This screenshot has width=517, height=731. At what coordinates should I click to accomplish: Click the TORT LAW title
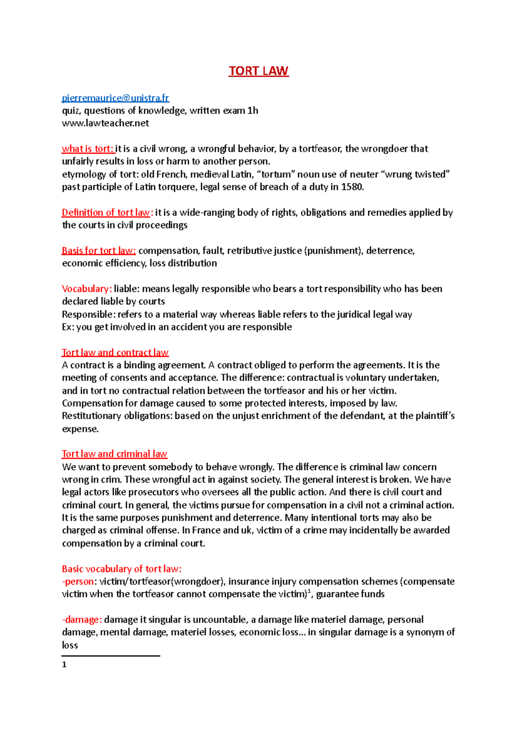[x=258, y=71]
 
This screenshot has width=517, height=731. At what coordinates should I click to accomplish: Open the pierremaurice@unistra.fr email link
[x=115, y=98]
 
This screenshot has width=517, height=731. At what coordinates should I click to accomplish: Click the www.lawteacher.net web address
[x=106, y=124]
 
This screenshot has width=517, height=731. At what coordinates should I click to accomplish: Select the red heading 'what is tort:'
[x=88, y=149]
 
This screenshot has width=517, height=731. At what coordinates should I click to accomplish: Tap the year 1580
[x=352, y=187]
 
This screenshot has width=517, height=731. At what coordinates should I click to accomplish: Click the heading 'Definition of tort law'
[x=106, y=213]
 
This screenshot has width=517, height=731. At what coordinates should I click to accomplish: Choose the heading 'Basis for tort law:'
[x=99, y=251]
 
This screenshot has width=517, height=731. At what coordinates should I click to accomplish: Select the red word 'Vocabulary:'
[x=87, y=289]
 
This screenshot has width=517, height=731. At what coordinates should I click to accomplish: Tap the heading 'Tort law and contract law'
[x=115, y=353]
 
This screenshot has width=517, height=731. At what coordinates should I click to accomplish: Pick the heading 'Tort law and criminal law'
[x=114, y=454]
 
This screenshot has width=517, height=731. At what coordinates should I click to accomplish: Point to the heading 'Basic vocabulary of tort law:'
[x=121, y=569]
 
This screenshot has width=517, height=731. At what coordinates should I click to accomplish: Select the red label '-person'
[x=78, y=582]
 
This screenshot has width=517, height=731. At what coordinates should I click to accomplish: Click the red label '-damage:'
[x=82, y=620]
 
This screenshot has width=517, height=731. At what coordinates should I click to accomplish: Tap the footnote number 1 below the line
[x=64, y=665]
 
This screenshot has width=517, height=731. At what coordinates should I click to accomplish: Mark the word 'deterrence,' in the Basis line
[x=390, y=251]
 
